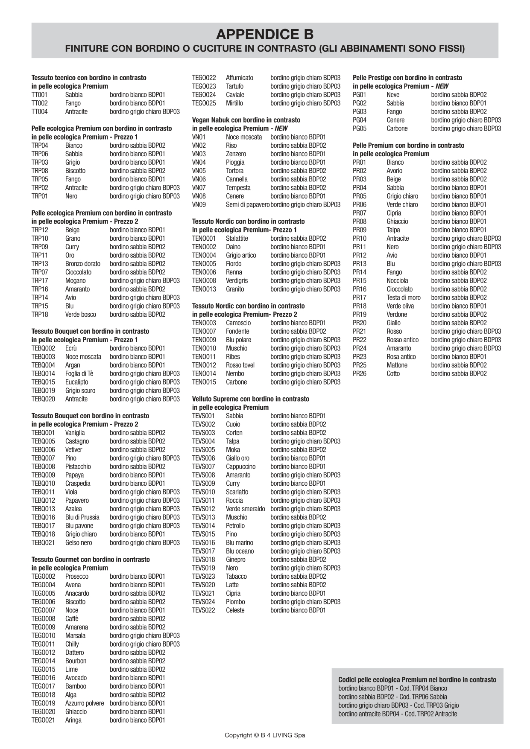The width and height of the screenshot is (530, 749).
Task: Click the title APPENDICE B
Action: (x=265, y=34)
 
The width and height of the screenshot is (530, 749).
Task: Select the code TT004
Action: (x=40, y=111)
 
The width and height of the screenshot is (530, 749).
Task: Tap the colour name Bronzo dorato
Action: (x=83, y=264)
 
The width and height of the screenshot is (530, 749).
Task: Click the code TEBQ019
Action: (x=43, y=391)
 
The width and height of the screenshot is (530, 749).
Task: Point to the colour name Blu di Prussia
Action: (x=82, y=517)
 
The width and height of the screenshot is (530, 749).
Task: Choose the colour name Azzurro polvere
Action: (x=85, y=703)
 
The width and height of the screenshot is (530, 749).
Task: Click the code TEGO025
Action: (x=204, y=103)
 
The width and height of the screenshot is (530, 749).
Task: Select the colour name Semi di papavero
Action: (x=248, y=204)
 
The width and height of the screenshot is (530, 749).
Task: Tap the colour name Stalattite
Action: (x=237, y=238)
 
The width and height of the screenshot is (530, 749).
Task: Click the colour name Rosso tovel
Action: (x=240, y=365)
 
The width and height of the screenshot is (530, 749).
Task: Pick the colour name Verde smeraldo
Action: (x=246, y=509)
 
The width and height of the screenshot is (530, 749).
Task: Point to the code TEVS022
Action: (x=203, y=610)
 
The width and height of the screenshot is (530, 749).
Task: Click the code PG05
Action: (x=360, y=128)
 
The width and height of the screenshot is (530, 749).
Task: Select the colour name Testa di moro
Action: (x=404, y=297)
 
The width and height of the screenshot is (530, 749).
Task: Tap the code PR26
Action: (x=360, y=373)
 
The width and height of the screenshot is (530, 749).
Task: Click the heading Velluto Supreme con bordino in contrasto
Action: (x=251, y=399)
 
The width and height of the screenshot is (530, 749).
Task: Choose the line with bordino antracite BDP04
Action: (x=398, y=714)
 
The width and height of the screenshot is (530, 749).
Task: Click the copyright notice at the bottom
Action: (x=265, y=735)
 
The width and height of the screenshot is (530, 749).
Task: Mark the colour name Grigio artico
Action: (x=241, y=255)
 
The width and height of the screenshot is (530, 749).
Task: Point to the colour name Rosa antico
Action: (x=401, y=356)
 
